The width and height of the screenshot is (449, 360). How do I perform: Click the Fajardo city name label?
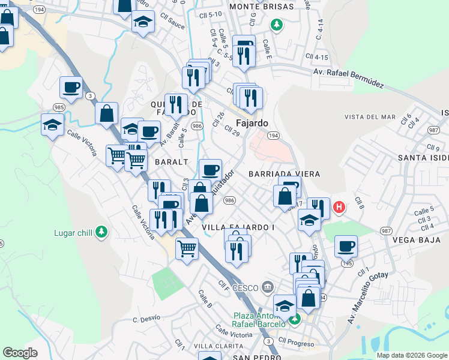click(252, 123)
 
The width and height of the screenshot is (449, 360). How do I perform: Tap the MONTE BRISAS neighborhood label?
click(261, 7)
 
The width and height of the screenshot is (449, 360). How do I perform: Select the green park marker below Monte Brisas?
click(276, 25)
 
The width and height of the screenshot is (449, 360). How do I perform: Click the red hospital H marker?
click(339, 208)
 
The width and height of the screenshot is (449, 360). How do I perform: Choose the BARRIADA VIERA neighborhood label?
click(284, 173)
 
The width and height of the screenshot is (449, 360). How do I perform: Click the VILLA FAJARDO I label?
click(238, 227)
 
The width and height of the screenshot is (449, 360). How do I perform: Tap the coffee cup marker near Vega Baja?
click(346, 245)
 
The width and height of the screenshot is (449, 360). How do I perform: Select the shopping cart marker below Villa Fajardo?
click(187, 247)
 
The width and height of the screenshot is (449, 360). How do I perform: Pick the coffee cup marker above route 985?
click(71, 87)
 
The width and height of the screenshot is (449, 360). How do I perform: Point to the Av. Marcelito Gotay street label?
click(368, 297)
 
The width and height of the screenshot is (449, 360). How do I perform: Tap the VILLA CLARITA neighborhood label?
click(218, 346)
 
